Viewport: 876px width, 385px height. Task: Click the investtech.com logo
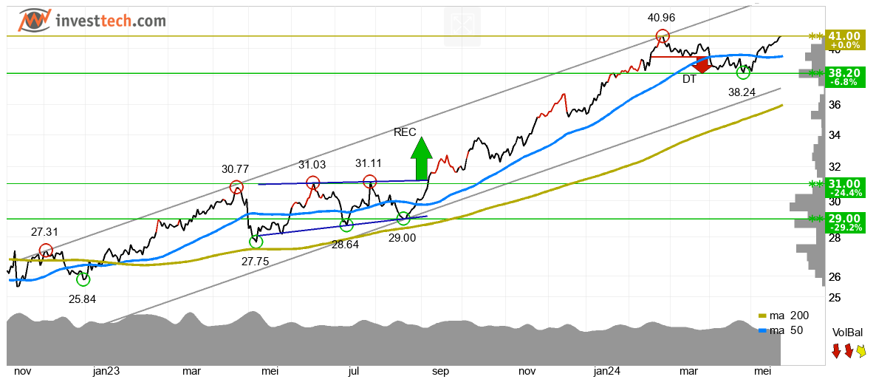click(x=92, y=20)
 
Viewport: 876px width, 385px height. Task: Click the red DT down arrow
click(x=702, y=65)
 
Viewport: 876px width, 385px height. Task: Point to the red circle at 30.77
click(x=236, y=187)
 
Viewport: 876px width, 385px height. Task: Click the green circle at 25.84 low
click(x=83, y=279)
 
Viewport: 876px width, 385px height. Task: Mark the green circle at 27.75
click(x=256, y=242)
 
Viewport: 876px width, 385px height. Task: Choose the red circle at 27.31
click(x=46, y=250)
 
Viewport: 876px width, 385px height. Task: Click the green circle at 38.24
click(x=743, y=72)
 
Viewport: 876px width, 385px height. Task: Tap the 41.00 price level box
click(x=844, y=40)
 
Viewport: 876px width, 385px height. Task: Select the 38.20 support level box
click(x=844, y=78)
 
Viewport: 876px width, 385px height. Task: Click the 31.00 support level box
click(x=844, y=188)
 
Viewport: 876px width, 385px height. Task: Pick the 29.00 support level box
click(x=844, y=222)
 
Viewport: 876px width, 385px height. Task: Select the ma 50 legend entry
click(x=781, y=330)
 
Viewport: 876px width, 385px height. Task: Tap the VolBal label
click(x=847, y=333)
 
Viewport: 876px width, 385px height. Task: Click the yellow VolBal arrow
click(x=861, y=351)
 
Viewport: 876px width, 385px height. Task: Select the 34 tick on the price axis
click(x=834, y=135)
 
